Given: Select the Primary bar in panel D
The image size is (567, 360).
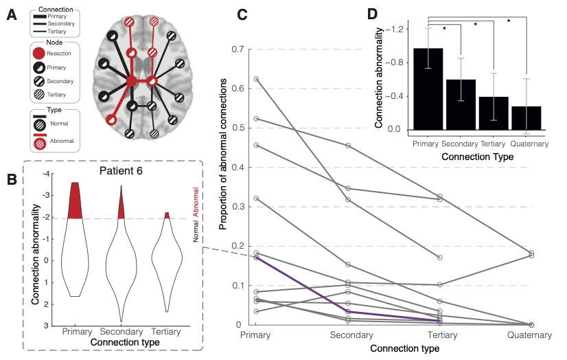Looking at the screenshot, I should pyautogui.click(x=428, y=89).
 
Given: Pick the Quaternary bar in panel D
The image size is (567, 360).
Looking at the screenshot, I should pyautogui.click(x=526, y=117).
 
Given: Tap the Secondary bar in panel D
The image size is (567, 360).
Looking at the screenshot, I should pyautogui.click(x=461, y=104).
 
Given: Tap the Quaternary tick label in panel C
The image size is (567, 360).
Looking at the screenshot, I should pyautogui.click(x=530, y=335).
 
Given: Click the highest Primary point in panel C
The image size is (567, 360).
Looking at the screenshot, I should pyautogui.click(x=256, y=79).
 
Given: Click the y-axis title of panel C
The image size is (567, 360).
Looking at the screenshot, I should pyautogui.click(x=223, y=187).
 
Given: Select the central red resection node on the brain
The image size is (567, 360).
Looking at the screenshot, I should pyautogui.click(x=131, y=81).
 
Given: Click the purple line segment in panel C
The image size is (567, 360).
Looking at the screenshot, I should pyautogui.click(x=302, y=284).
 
